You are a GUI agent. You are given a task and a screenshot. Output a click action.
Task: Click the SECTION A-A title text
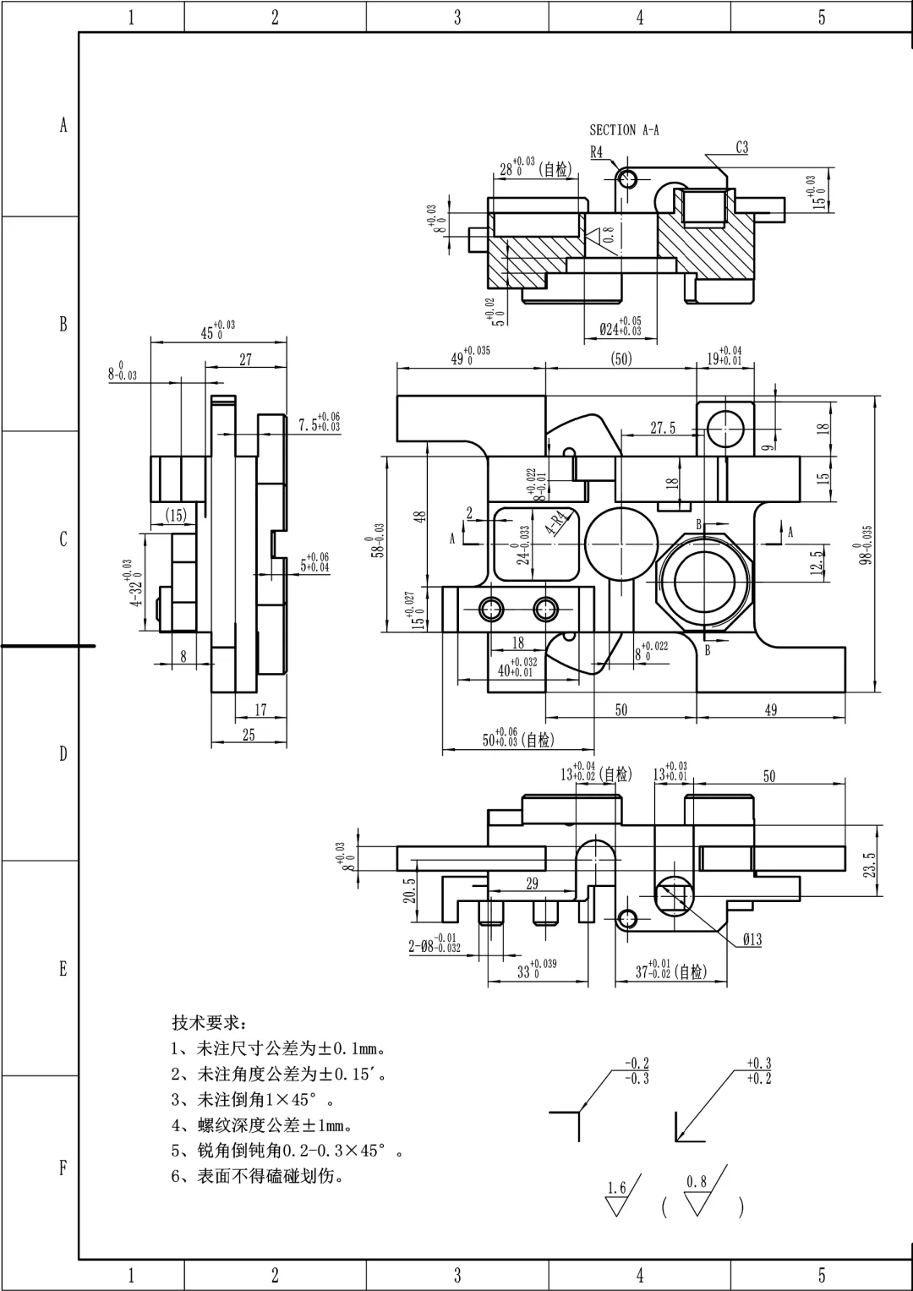[x=624, y=130]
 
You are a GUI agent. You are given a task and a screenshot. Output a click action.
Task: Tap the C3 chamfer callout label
[x=741, y=148]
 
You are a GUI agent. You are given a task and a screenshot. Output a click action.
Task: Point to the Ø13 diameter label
[x=752, y=940]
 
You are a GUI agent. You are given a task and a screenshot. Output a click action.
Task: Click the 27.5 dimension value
[x=663, y=429]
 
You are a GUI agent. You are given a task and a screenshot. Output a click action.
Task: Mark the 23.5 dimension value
[x=870, y=865]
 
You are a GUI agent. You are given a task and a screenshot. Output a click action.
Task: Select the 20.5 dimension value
[x=410, y=890]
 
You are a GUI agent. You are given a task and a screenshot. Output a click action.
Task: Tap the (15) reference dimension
[x=176, y=516]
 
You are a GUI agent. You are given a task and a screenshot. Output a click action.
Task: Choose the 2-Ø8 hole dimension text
[x=435, y=944]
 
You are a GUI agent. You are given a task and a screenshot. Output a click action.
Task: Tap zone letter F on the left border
[x=63, y=1168]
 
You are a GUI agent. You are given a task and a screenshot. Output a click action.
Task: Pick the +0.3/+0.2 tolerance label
[x=758, y=1070]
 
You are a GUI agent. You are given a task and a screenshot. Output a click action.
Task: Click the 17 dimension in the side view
[x=260, y=710]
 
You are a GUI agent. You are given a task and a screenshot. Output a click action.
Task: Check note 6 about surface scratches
[x=258, y=1176]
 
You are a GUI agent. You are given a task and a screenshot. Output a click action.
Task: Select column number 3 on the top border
[x=457, y=17]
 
